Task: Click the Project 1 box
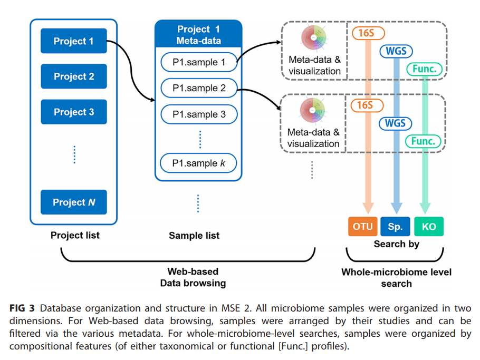pyautogui.click(x=73, y=41)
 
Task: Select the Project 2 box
pyautogui.click(x=73, y=76)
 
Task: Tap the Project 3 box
pyautogui.click(x=73, y=112)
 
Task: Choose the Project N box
pyautogui.click(x=73, y=202)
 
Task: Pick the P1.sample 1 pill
pyautogui.click(x=198, y=63)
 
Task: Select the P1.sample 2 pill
pyautogui.click(x=198, y=89)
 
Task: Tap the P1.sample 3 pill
pyautogui.click(x=198, y=114)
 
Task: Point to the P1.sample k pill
pyautogui.click(x=198, y=163)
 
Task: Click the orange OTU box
pyautogui.click(x=362, y=227)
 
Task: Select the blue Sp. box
pyautogui.click(x=395, y=227)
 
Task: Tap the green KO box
pyautogui.click(x=429, y=227)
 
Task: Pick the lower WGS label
pyautogui.click(x=396, y=124)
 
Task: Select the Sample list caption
pyautogui.click(x=194, y=236)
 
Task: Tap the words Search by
pyautogui.click(x=396, y=245)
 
